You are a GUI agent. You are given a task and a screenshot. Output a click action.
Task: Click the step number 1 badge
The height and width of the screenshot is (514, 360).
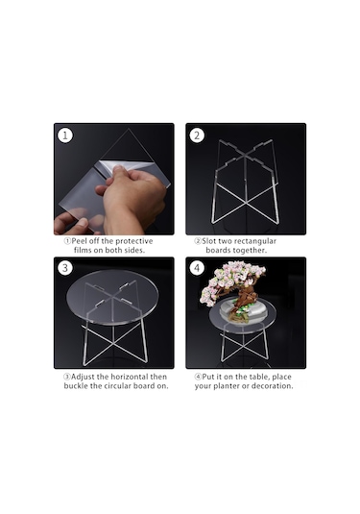pos(65,135)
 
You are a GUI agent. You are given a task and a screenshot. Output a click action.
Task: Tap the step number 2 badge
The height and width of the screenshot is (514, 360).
pos(197,135)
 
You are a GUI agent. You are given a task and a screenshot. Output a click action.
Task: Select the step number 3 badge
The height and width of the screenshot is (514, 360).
pos(65,268)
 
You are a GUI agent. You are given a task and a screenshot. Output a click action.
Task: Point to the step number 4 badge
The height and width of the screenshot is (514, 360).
pos(197,268)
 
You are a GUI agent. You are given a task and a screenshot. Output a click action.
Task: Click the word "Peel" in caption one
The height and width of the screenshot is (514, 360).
pos(79,241)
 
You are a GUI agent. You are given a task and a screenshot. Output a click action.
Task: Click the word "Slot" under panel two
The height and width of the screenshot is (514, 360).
pos(209,241)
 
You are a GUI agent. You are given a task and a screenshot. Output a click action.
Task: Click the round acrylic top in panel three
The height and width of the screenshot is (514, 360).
pos(112,297)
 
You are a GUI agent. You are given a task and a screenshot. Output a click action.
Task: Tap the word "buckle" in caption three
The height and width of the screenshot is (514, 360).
pos(76,386)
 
